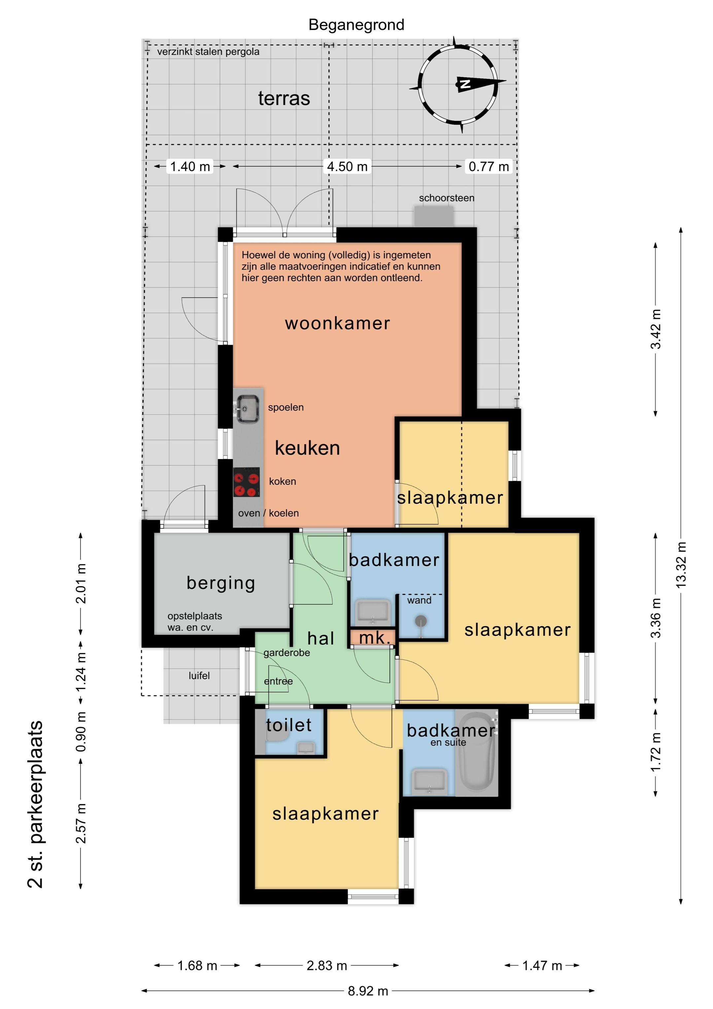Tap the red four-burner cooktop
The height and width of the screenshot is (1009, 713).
(x=247, y=483)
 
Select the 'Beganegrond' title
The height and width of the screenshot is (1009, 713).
(x=356, y=25)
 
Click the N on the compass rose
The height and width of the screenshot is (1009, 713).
(x=464, y=84)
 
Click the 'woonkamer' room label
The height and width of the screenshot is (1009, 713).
(x=337, y=323)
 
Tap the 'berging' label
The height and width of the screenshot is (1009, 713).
(x=221, y=583)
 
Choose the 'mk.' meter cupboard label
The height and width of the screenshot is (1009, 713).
(x=375, y=638)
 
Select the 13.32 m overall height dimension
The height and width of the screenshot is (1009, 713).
(x=681, y=565)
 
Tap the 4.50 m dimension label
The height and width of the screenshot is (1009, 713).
(x=347, y=166)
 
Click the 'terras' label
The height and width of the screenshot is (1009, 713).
(x=284, y=98)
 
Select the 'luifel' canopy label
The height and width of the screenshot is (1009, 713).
(x=199, y=675)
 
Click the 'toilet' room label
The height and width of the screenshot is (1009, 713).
(x=289, y=725)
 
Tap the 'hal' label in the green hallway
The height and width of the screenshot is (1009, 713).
(x=321, y=638)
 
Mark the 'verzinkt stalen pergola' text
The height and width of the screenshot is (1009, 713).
(x=208, y=52)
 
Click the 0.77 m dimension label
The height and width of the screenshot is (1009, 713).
(x=489, y=166)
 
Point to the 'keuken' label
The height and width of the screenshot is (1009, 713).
(x=308, y=448)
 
